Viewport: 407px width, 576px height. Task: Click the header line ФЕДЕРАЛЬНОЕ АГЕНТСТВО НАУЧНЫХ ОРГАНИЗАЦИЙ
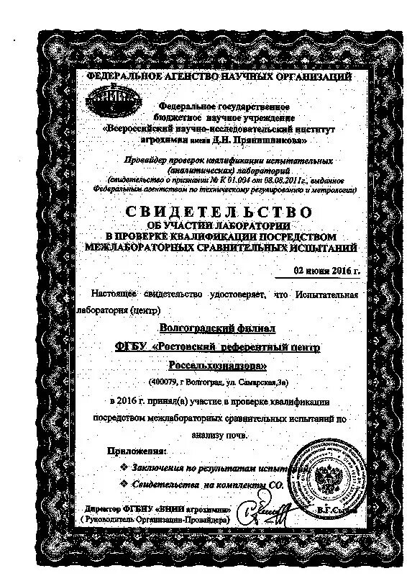tap(218, 76)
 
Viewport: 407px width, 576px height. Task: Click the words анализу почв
tap(221, 435)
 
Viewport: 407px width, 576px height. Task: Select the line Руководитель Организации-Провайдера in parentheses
tap(156, 520)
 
